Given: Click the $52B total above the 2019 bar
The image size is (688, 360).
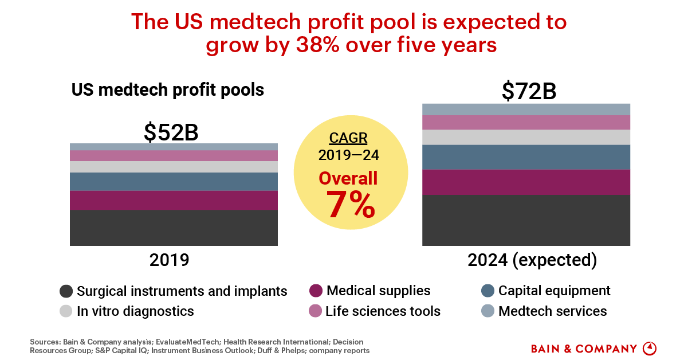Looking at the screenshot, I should (x=171, y=132).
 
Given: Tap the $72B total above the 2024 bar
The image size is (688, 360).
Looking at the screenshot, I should (x=529, y=92).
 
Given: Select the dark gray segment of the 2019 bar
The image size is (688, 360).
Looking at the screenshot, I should (x=174, y=228).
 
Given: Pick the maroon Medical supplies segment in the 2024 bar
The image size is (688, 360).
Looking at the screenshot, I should (x=526, y=182).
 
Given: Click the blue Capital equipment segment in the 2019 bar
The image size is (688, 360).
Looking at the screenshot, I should (x=174, y=181).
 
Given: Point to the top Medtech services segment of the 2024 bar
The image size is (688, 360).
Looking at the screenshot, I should (x=526, y=109).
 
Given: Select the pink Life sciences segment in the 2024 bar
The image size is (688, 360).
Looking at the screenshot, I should (x=526, y=122).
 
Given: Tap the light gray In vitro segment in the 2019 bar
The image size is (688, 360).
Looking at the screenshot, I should (x=174, y=167).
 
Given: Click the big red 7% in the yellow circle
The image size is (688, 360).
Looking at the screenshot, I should (x=351, y=205).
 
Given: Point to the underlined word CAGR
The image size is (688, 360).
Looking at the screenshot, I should (x=348, y=139).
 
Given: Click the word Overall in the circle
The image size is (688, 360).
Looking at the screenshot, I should (x=348, y=178).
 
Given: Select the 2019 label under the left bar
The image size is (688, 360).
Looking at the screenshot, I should (x=169, y=260).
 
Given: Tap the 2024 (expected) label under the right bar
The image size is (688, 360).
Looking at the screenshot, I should (x=532, y=260).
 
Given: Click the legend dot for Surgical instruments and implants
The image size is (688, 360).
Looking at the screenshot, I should (x=66, y=291).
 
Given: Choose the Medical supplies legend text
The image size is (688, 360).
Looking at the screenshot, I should (x=378, y=291).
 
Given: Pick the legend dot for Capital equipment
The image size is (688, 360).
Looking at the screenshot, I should (x=488, y=291).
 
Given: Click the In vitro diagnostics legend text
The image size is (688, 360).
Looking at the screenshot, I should (x=135, y=311).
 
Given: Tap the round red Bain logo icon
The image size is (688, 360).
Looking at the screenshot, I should (x=650, y=349).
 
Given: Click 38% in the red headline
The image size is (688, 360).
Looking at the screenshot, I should (x=316, y=45).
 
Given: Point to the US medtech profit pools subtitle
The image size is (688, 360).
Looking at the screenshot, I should (x=167, y=90).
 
